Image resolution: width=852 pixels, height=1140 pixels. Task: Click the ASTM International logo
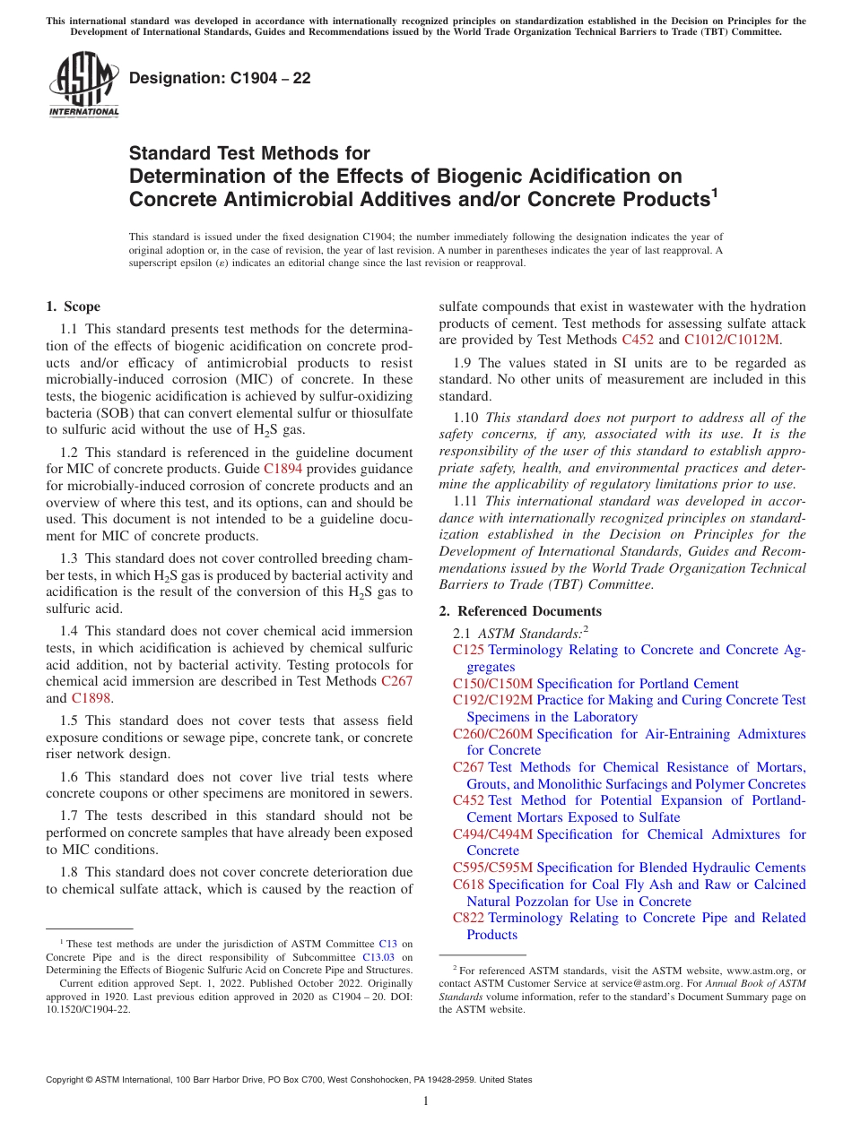coord(83,85)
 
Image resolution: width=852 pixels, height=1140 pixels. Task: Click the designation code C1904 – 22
coord(220,78)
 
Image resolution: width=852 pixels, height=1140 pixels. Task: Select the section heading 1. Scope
coord(74,307)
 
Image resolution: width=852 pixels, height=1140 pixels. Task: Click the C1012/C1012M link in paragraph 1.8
coord(732,340)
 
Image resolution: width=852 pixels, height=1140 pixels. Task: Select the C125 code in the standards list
coord(468,650)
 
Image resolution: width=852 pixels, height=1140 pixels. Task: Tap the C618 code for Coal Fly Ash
coord(468,885)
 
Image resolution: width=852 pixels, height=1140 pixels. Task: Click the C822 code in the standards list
coord(468,918)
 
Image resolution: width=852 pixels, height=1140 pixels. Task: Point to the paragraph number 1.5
coord(71,721)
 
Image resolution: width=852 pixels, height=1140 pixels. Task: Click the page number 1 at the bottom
coord(426,1101)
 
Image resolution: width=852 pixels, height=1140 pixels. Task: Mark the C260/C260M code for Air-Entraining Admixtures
coord(492,734)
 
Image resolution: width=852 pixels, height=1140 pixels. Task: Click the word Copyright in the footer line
coord(68,1080)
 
